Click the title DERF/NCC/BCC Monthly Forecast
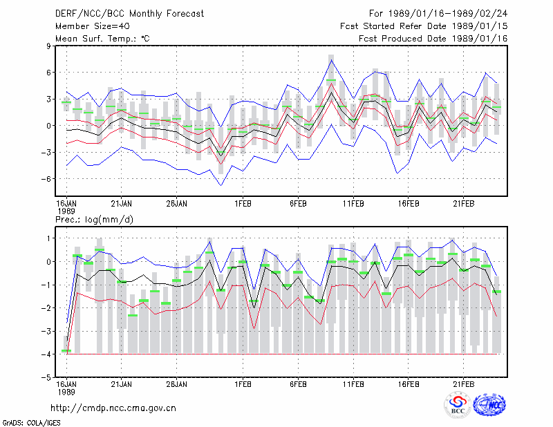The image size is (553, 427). click(129, 14)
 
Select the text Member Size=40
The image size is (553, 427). click(93, 26)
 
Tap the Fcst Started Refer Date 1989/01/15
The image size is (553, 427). click(424, 26)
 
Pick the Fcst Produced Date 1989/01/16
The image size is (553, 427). click(433, 39)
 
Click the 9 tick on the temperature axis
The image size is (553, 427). click(48, 46)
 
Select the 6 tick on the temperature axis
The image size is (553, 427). click(48, 73)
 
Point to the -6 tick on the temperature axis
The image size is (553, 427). click(46, 179)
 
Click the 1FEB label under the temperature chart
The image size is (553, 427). click(243, 204)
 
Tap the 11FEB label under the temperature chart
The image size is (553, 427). click(353, 204)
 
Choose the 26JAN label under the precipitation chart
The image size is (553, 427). click(177, 384)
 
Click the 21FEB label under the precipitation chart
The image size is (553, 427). click(463, 384)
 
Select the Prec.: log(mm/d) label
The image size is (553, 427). click(94, 220)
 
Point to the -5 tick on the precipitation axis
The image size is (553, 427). click(46, 377)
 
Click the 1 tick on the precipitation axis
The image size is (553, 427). click(49, 238)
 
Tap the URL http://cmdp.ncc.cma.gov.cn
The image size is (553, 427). click(113, 408)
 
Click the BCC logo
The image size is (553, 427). click(458, 405)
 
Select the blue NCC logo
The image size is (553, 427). click(489, 405)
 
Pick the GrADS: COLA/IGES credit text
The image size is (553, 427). click(31, 423)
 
